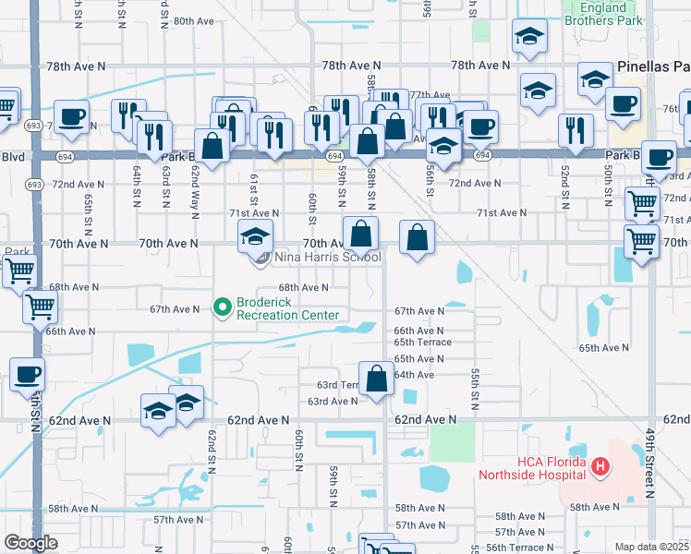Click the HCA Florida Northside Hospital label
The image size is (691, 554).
click(532, 468)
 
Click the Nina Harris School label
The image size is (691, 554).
click(314, 257)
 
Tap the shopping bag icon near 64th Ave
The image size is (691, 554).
click(377, 379)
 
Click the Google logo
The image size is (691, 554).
click(30, 543)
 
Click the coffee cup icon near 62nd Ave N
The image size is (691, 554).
click(28, 375)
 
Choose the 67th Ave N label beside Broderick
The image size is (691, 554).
click(175, 309)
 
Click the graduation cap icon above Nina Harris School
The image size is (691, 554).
click(256, 236)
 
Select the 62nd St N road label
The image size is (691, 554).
click(212, 448)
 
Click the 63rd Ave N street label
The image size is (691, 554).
click(333, 402)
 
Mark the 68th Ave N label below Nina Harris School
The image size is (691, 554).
click(304, 288)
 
